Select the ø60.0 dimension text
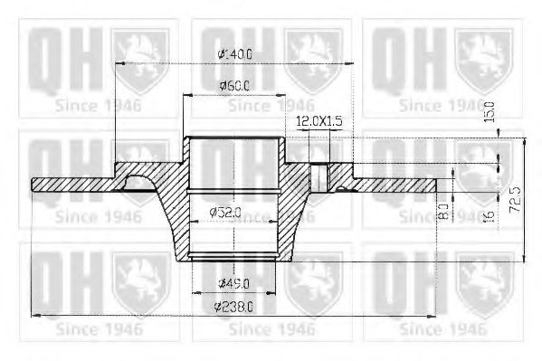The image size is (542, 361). point(233,86)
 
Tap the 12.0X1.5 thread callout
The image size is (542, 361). point(319,120)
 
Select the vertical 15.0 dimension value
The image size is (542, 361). point(490,115)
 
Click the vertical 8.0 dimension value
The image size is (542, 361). point(443,213)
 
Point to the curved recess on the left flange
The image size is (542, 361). point(138,182)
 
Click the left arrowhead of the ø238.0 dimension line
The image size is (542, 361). point(35,315)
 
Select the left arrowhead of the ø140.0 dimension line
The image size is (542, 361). point(119,62)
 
